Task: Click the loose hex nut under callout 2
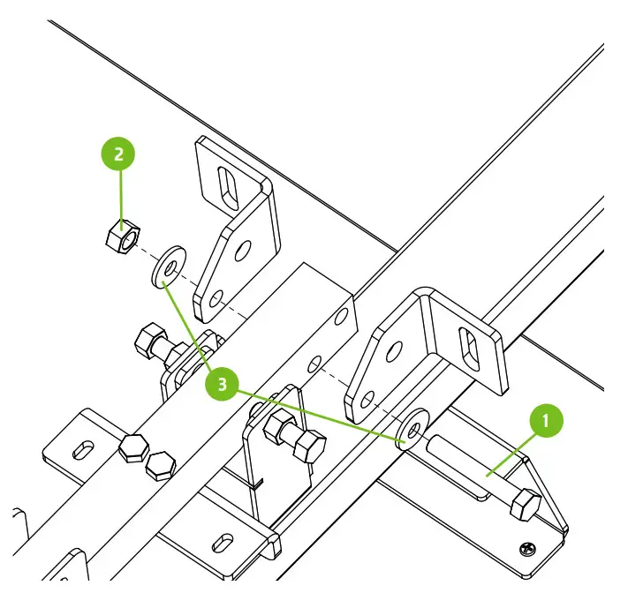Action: click(x=118, y=236)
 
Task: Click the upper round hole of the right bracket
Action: click(x=392, y=350)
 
